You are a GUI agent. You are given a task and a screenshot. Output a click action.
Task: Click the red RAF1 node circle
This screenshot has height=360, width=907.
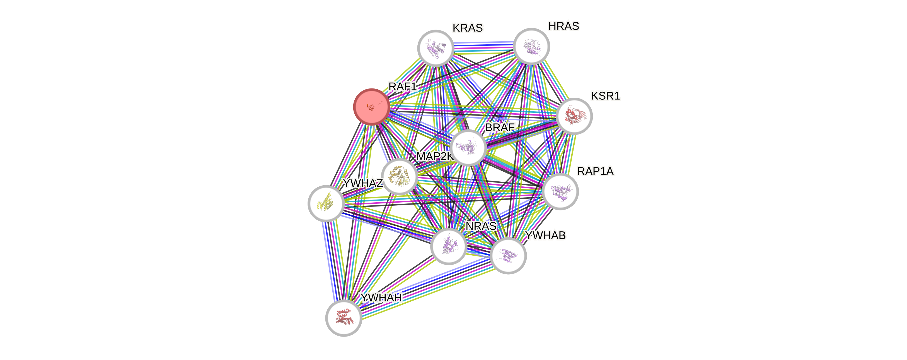pyautogui.click(x=371, y=106)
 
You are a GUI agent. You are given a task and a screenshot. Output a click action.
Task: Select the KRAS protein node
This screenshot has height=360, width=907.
pyautogui.click(x=436, y=48)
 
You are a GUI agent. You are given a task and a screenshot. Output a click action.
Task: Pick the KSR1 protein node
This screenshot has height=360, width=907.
pyautogui.click(x=574, y=116)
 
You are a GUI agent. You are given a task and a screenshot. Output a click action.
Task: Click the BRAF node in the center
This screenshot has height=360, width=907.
pyautogui.click(x=468, y=148)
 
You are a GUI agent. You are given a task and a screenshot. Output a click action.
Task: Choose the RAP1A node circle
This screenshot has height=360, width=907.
pyautogui.click(x=560, y=191)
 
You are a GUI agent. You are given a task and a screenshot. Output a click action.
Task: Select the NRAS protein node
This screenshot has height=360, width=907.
pyautogui.click(x=449, y=246)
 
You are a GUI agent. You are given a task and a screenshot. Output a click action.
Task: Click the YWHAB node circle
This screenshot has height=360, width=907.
pyautogui.click(x=508, y=255)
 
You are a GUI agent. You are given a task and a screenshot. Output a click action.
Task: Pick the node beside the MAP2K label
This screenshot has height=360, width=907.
pyautogui.click(x=400, y=176)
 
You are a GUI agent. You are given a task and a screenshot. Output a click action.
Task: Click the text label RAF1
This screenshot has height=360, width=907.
pyautogui.click(x=402, y=86)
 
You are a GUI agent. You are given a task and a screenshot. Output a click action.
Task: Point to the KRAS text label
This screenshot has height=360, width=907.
pyautogui.click(x=468, y=28)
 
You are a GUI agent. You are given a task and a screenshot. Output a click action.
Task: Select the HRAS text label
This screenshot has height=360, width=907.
pyautogui.click(x=563, y=26)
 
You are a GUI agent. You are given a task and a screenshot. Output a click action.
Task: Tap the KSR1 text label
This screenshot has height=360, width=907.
pyautogui.click(x=605, y=96)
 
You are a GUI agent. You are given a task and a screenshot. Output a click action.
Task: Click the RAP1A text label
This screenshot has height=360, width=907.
pyautogui.click(x=595, y=171)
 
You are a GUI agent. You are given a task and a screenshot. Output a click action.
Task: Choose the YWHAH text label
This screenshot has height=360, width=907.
pyautogui.click(x=381, y=298)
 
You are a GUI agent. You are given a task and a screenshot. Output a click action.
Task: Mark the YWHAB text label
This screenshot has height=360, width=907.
pyautogui.click(x=545, y=235)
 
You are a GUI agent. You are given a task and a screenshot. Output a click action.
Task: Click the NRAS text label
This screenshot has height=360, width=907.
pyautogui.click(x=481, y=226)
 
